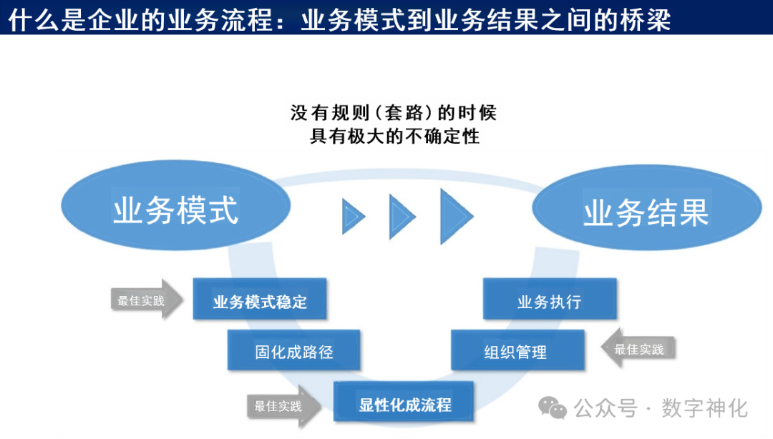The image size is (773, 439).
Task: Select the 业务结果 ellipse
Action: click(x=646, y=212)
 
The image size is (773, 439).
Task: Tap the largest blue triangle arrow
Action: click(x=454, y=216)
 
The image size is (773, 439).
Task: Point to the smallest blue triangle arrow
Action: click(x=352, y=217)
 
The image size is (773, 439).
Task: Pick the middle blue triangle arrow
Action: click(x=400, y=216)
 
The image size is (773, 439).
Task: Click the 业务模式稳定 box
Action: click(x=260, y=300)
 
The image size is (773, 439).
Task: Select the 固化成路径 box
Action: click(x=293, y=351)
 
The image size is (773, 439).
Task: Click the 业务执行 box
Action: click(x=549, y=300)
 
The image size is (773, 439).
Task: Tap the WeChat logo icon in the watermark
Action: click(x=553, y=408)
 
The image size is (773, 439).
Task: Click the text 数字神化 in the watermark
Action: click(x=704, y=408)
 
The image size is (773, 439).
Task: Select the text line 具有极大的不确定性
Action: click(x=394, y=135)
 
